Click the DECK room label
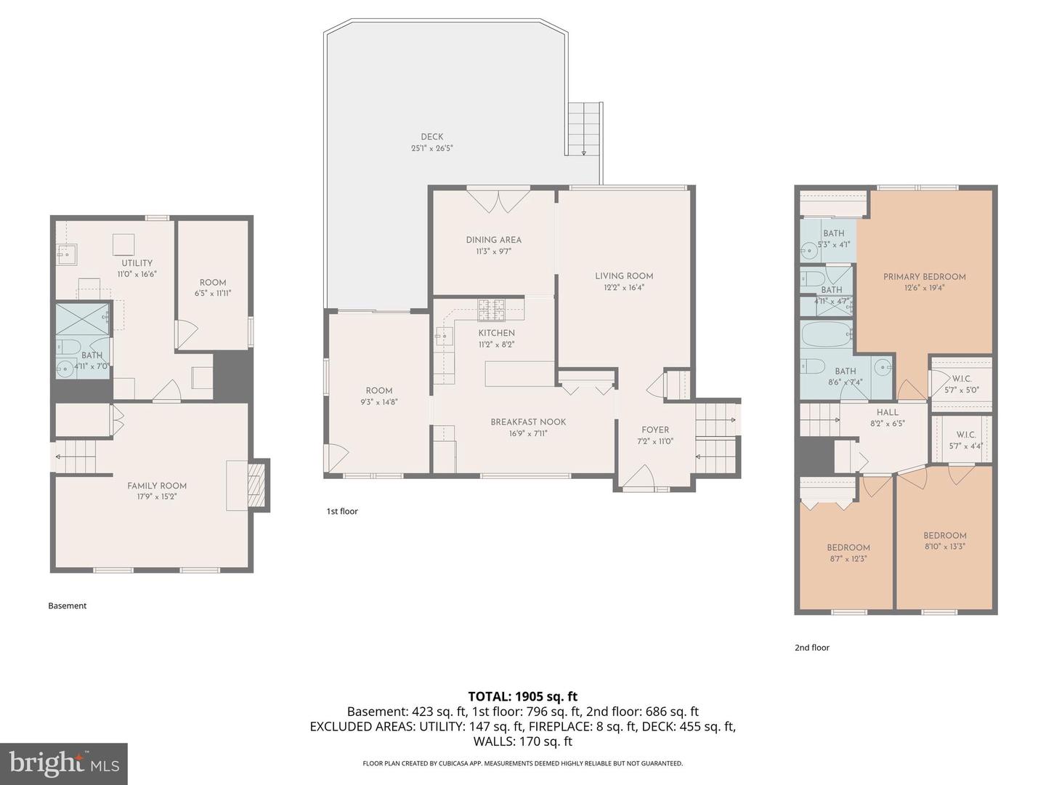point(431,137)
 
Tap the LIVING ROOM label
point(624,276)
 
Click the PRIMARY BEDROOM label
point(925,277)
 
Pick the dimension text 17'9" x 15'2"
point(156,496)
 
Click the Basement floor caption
point(68,605)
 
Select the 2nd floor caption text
point(812,648)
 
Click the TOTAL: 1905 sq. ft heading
point(523,697)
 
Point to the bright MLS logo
point(64,763)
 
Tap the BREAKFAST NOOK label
point(529,422)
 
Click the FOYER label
point(655,430)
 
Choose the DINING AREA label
point(494,240)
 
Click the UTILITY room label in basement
point(137,263)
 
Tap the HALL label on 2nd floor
point(888,413)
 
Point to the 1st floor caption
point(342,512)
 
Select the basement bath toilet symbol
point(68,347)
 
